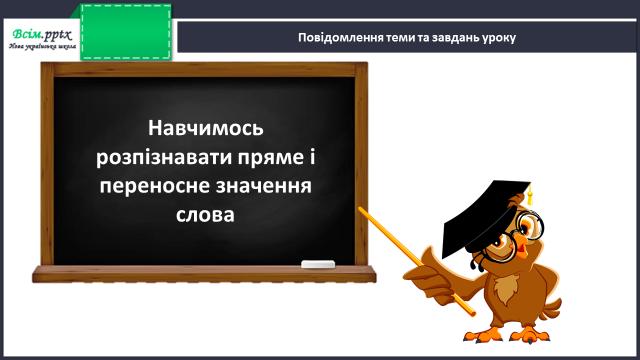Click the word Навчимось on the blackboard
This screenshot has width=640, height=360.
tap(206, 128)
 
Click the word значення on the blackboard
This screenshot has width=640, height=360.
tap(264, 186)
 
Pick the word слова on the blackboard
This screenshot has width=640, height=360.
tap(205, 215)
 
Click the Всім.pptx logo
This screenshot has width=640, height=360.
tap(42, 35)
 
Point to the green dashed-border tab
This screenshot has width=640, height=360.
tap(126, 32)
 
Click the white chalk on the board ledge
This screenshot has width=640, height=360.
tap(318, 264)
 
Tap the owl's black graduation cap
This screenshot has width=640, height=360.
tap(485, 216)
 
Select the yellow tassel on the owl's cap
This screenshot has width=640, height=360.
tap(530, 195)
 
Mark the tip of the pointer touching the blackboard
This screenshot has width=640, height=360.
tap(360, 209)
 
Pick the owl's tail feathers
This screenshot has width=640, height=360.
tap(551, 310)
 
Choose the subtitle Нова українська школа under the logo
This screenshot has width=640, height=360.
tap(42, 46)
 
